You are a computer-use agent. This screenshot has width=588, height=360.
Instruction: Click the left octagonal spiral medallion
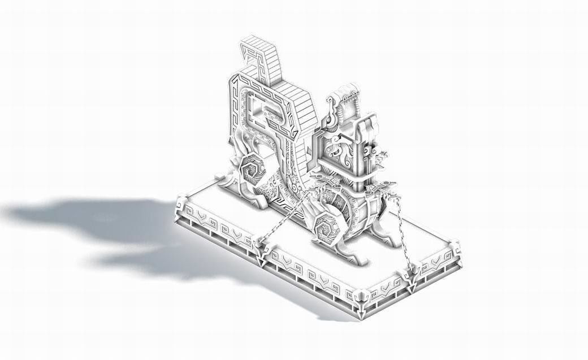click(x=250, y=168)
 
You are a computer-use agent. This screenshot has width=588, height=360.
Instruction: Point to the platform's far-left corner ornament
click(x=183, y=204)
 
